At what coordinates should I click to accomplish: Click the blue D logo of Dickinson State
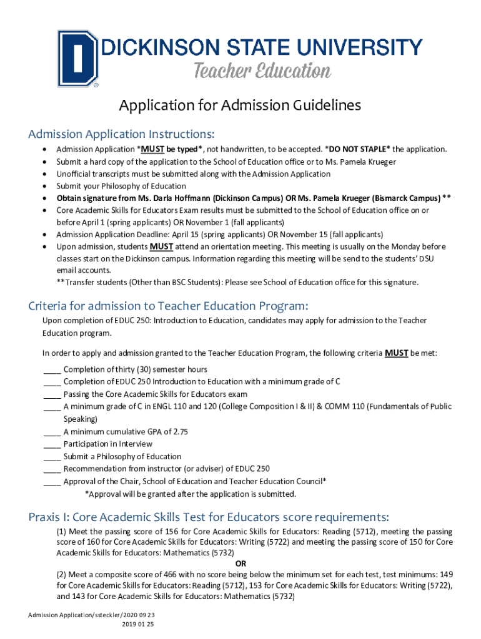pyautogui.click(x=77, y=58)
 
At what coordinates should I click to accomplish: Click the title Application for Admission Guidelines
pyautogui.click(x=240, y=105)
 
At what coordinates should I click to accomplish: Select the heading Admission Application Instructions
pyautogui.click(x=121, y=134)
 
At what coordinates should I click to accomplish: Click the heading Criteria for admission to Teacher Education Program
pyautogui.click(x=168, y=306)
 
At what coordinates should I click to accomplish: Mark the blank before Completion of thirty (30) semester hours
pyautogui.click(x=52, y=369)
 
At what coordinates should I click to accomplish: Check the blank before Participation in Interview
pyautogui.click(x=52, y=444)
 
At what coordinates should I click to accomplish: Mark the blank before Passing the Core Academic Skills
pyautogui.click(x=52, y=394)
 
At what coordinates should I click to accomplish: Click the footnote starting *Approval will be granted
pyautogui.click(x=190, y=494)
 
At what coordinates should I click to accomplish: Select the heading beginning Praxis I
pyautogui.click(x=209, y=517)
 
